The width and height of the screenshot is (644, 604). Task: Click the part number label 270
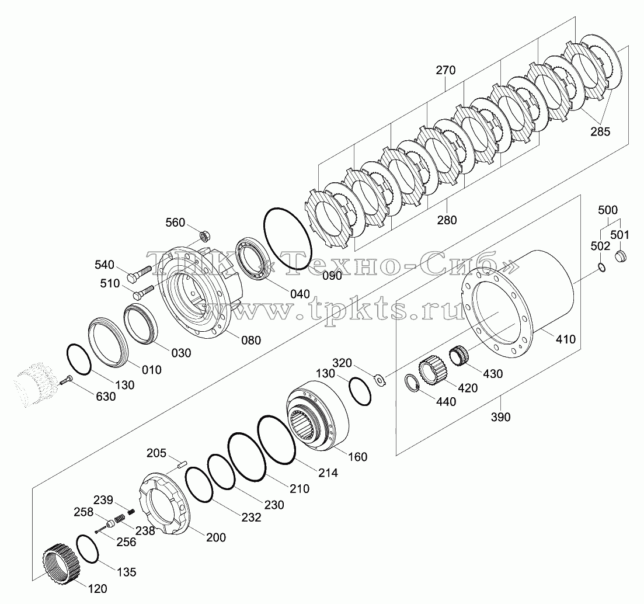tap(445, 70)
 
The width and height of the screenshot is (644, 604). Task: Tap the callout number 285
tap(600, 131)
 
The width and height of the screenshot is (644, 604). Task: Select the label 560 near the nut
tap(175, 223)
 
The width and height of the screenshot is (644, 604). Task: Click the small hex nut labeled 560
tap(204, 236)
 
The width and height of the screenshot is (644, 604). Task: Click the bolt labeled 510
tap(144, 291)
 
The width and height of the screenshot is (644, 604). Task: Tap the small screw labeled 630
tap(66, 380)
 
